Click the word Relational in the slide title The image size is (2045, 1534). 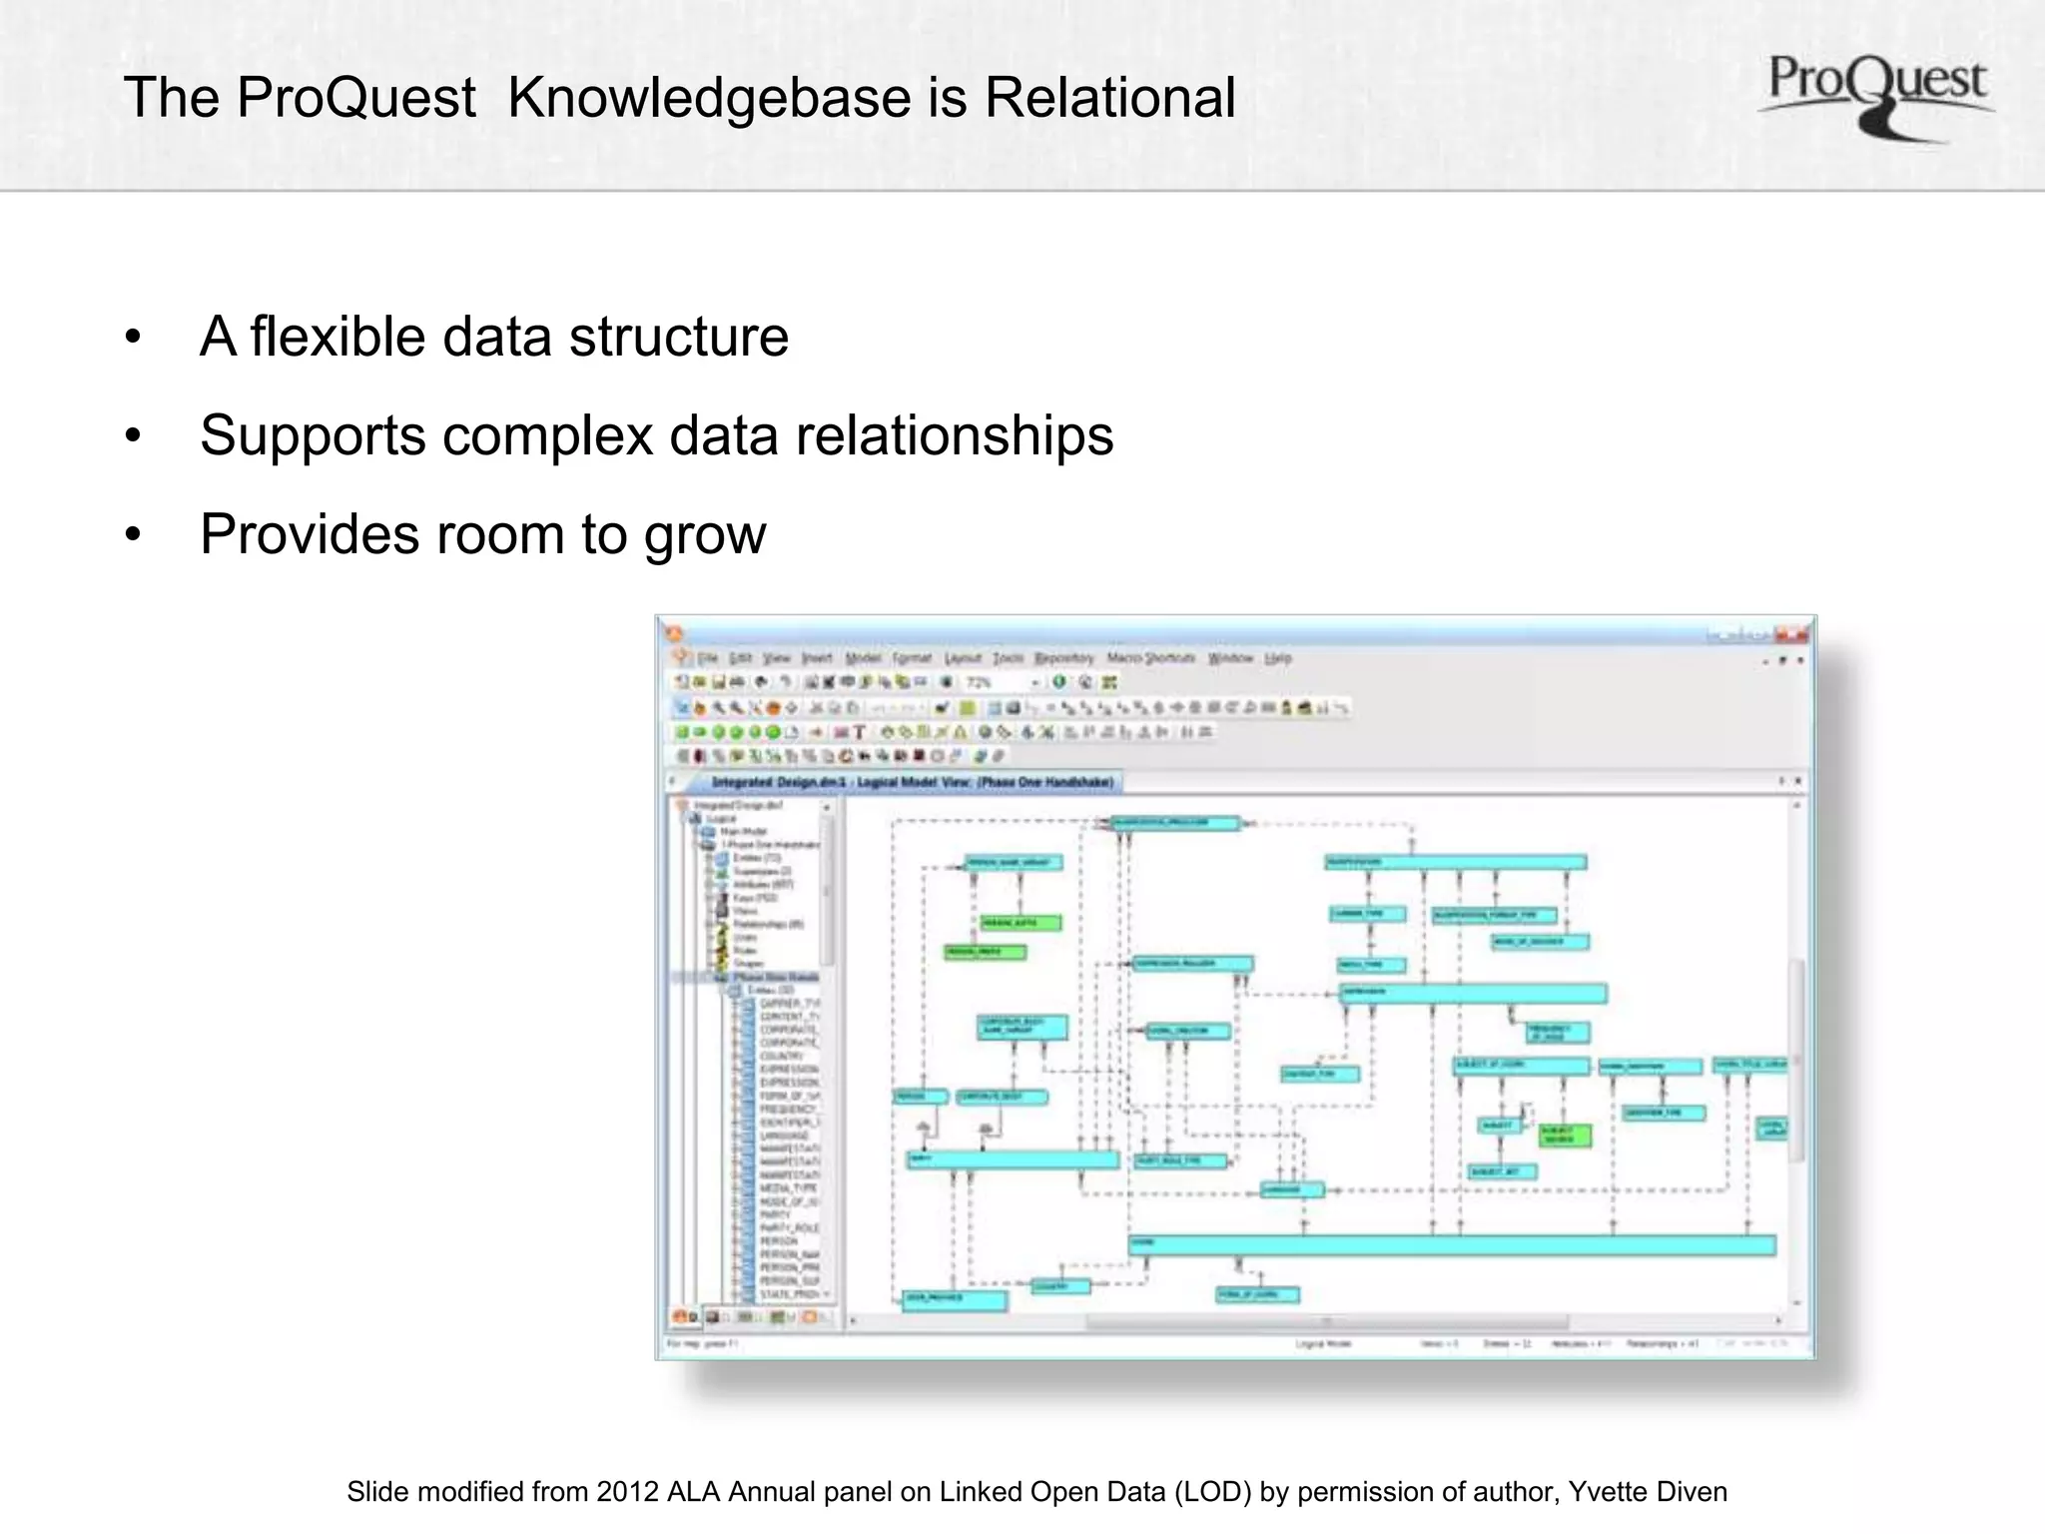(x=1110, y=98)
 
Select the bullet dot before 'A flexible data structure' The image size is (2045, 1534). (x=133, y=338)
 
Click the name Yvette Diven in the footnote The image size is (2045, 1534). (x=1648, y=1492)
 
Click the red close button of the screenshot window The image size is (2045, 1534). (x=1799, y=634)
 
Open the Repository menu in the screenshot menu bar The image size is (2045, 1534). (x=1063, y=658)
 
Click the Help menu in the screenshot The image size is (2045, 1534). (x=1278, y=658)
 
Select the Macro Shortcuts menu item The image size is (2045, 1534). (x=1150, y=658)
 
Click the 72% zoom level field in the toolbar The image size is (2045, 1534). (x=989, y=682)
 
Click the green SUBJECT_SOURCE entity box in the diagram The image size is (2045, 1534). (x=1564, y=1135)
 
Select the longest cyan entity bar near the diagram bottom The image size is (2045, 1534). (x=1452, y=1244)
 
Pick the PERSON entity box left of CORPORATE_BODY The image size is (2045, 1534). (x=919, y=1097)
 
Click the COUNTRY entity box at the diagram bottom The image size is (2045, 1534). (x=1058, y=1286)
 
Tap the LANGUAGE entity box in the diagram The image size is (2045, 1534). (x=1291, y=1189)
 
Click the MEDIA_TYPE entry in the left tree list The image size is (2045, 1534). (x=789, y=1188)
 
